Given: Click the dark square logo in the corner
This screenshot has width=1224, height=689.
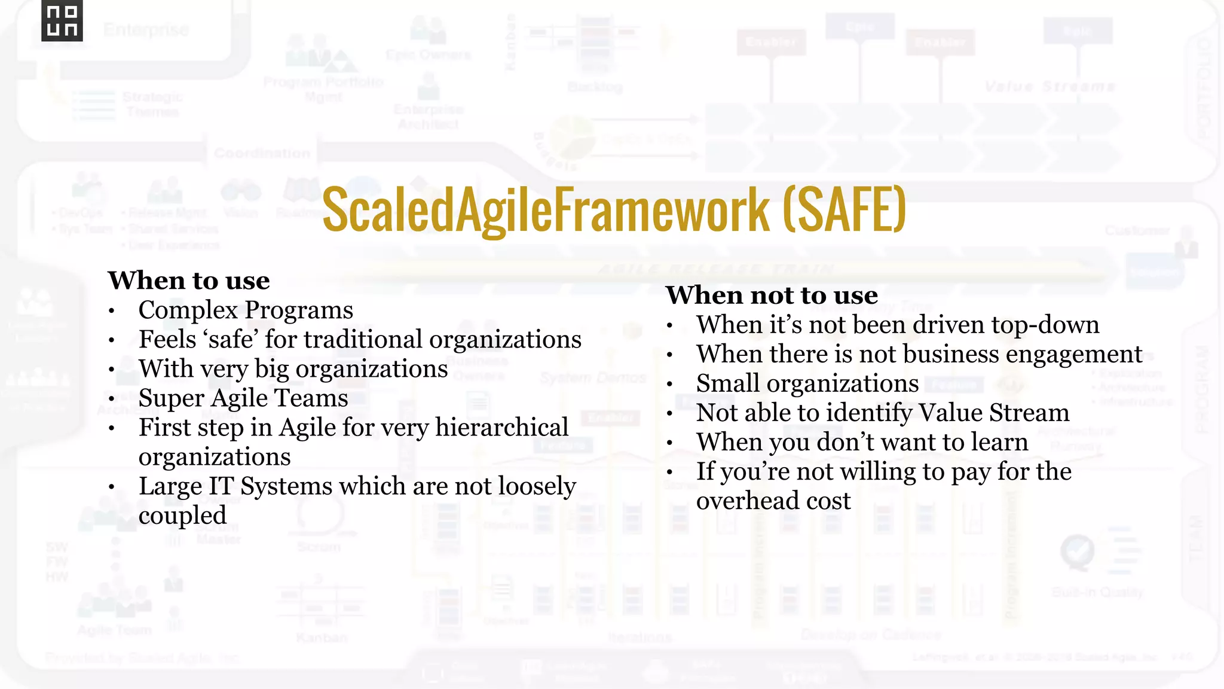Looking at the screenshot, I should [x=62, y=21].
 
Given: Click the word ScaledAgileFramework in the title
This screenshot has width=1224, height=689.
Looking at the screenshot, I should [x=546, y=209].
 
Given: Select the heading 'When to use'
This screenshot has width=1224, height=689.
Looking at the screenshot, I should [x=189, y=281].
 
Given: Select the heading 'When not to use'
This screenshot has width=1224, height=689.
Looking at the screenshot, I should [x=772, y=295].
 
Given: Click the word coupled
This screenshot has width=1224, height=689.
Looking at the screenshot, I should [x=182, y=516].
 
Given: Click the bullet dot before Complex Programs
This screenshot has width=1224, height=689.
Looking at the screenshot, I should [x=112, y=311].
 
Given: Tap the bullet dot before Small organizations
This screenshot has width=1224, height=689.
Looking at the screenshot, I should [x=670, y=385].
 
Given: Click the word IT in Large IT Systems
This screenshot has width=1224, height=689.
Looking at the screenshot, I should [x=221, y=486].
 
